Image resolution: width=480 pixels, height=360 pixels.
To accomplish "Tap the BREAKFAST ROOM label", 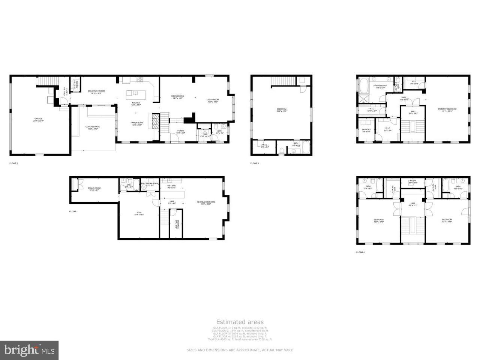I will click(x=96, y=91).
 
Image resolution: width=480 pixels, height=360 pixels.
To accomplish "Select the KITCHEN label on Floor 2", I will click(x=136, y=103).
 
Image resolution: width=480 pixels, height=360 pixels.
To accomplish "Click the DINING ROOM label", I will click(x=177, y=96).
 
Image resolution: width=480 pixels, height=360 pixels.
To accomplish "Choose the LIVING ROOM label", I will click(x=213, y=100).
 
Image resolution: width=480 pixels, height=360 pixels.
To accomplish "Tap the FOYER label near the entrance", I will click(x=180, y=131).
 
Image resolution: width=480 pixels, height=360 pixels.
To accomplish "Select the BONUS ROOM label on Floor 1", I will click(x=94, y=188).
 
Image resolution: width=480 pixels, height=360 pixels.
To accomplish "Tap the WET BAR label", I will click(x=171, y=186).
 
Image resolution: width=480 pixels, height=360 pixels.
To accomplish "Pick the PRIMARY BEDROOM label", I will click(x=447, y=109).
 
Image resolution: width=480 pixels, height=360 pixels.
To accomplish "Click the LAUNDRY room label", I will click(x=366, y=130).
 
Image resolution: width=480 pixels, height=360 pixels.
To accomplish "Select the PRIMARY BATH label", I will click(x=380, y=86).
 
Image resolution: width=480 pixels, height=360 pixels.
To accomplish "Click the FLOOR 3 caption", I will click(x=255, y=163).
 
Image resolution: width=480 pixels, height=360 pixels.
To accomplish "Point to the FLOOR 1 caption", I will click(x=73, y=211).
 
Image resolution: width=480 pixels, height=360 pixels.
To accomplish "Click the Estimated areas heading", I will click(x=240, y=322).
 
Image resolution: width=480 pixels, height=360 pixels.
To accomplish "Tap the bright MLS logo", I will click(x=29, y=350).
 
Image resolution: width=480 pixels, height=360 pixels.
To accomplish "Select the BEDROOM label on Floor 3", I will click(x=281, y=109).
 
